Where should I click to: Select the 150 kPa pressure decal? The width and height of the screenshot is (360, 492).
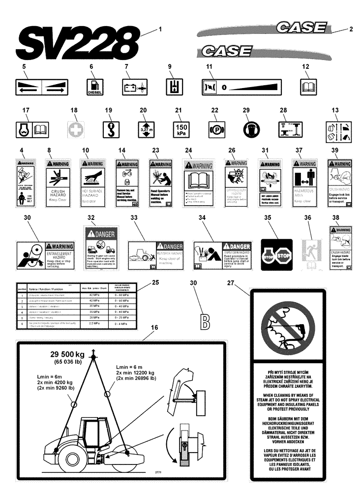(x=180, y=129)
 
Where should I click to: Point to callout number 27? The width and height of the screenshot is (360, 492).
(x=244, y=282)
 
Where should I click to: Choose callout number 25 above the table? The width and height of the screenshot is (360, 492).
(x=155, y=282)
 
